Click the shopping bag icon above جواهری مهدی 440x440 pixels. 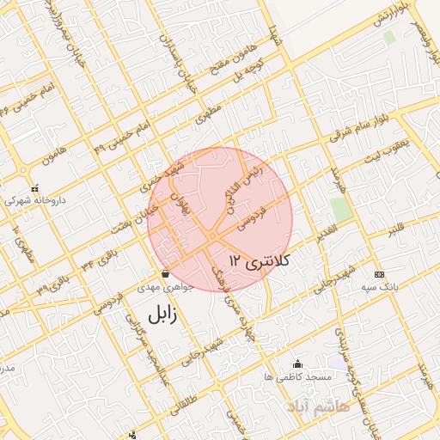(x=165, y=274)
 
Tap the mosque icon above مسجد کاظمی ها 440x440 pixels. (x=297, y=364)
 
